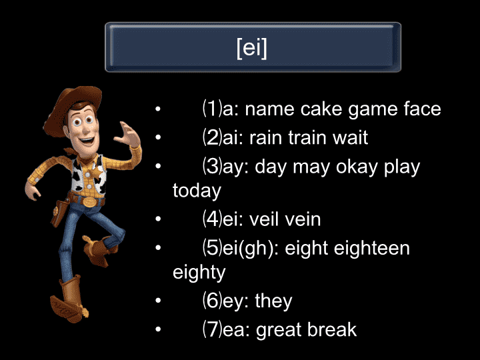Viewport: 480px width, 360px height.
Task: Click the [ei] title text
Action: click(x=252, y=48)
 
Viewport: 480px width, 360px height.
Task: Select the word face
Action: click(x=422, y=109)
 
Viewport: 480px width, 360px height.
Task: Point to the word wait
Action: click(x=350, y=137)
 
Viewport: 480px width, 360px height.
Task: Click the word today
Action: click(x=197, y=191)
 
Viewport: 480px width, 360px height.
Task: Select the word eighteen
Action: click(x=371, y=248)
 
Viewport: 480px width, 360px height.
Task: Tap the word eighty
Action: click(x=199, y=273)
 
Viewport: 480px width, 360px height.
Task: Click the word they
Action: click(x=273, y=301)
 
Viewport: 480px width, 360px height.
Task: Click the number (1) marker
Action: click(x=212, y=109)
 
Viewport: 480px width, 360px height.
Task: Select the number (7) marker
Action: click(x=212, y=329)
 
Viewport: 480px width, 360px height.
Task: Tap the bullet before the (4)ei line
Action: click(x=158, y=219)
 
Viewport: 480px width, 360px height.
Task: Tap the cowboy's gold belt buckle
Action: click(x=89, y=202)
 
